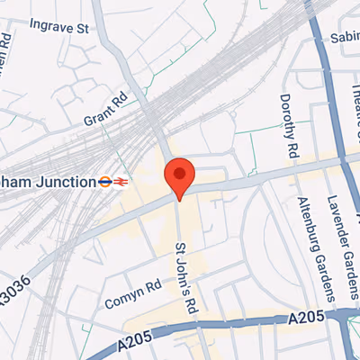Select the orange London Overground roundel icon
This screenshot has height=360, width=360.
tap(105, 181)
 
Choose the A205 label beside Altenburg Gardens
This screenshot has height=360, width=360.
tap(305, 319)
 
